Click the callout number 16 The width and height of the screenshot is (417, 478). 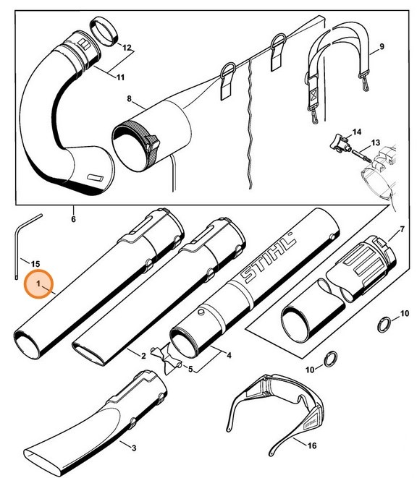pos(312,445)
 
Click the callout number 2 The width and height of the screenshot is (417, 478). pos(143,356)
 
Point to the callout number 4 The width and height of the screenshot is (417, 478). pos(229,356)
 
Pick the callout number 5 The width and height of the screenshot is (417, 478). pos(192,370)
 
